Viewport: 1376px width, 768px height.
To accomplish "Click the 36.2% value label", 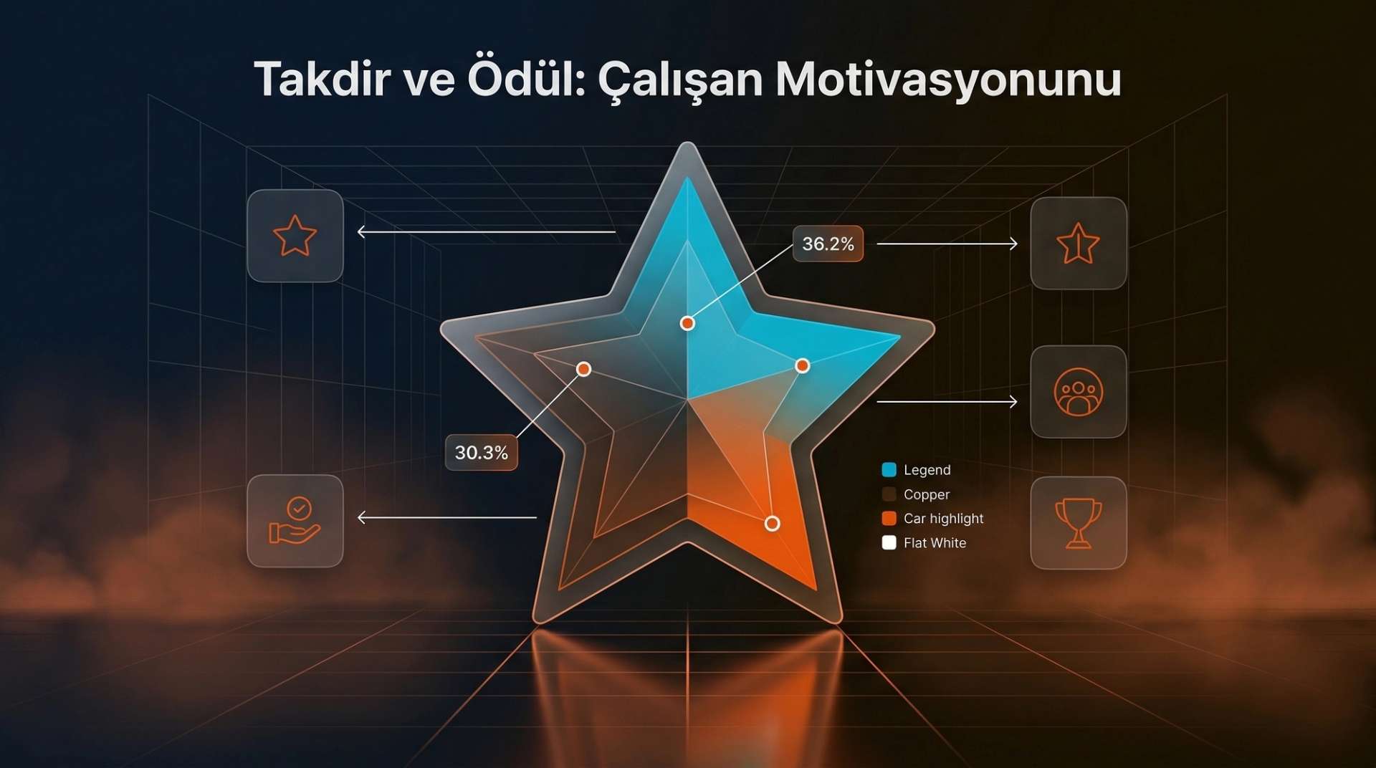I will coord(828,244).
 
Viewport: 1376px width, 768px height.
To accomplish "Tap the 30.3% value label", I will coord(481,453).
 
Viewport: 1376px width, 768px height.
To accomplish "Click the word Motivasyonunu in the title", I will coord(948,80).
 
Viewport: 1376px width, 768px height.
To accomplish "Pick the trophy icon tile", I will coord(1078,523).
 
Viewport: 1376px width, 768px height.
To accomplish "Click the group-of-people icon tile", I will coord(1078,392).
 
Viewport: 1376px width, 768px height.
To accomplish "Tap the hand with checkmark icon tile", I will coord(295,521).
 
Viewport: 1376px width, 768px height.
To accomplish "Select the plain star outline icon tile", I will coord(295,236).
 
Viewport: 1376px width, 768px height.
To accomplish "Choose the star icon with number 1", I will coord(1078,244).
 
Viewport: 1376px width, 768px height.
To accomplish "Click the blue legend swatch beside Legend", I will coord(889,470).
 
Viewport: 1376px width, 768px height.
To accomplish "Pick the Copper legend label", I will coord(926,494).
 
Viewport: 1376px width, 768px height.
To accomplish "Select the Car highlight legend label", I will coord(943,519).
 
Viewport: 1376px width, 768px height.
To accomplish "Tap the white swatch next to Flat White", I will coord(889,543).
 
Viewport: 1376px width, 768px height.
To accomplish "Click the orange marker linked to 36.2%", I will coord(687,323).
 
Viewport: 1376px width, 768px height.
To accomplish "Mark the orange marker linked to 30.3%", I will coord(584,369).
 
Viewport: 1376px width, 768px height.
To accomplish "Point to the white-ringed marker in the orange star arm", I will coord(772,524).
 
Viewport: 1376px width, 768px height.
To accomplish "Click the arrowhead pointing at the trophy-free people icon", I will coord(1013,402).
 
